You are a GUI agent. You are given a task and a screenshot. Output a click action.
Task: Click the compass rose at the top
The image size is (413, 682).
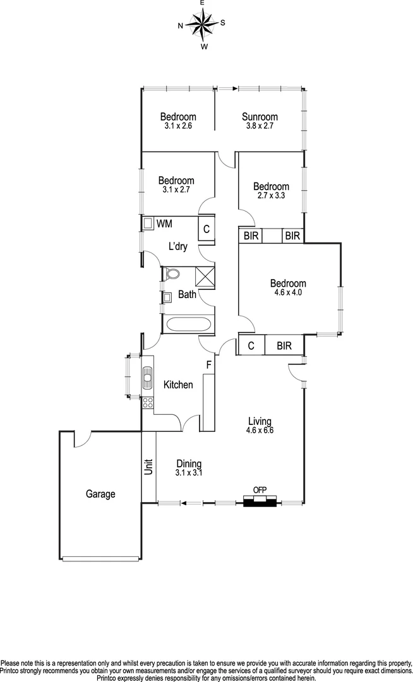point(202,25)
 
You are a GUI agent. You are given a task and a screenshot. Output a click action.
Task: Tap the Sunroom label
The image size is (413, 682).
point(260,117)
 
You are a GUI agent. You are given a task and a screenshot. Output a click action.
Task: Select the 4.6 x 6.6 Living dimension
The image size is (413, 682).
point(260,430)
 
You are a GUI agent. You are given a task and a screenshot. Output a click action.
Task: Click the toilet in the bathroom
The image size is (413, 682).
point(172,274)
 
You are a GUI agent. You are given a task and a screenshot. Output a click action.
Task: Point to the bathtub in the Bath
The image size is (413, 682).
point(188,326)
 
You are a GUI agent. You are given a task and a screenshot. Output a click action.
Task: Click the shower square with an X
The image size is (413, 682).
point(205,277)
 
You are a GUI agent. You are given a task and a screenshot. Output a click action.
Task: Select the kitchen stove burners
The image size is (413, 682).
point(147,402)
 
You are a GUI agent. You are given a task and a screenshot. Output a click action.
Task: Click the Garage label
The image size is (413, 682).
point(100,494)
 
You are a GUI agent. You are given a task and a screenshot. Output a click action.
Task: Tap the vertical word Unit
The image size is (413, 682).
point(149,467)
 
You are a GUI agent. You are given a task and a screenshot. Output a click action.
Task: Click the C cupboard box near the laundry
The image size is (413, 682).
point(206,229)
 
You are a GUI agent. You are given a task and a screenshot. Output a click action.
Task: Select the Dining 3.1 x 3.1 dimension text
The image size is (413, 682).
point(189,472)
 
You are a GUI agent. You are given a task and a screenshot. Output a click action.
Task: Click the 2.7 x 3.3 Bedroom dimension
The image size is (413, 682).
point(271,196)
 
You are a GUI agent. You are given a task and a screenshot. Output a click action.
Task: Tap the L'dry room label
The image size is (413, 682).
point(177,247)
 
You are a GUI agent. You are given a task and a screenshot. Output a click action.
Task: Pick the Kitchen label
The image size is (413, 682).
point(178,385)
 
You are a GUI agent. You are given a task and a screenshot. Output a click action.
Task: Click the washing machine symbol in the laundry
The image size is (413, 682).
point(149,224)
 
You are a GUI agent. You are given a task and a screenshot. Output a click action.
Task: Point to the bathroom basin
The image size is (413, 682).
point(168,296)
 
